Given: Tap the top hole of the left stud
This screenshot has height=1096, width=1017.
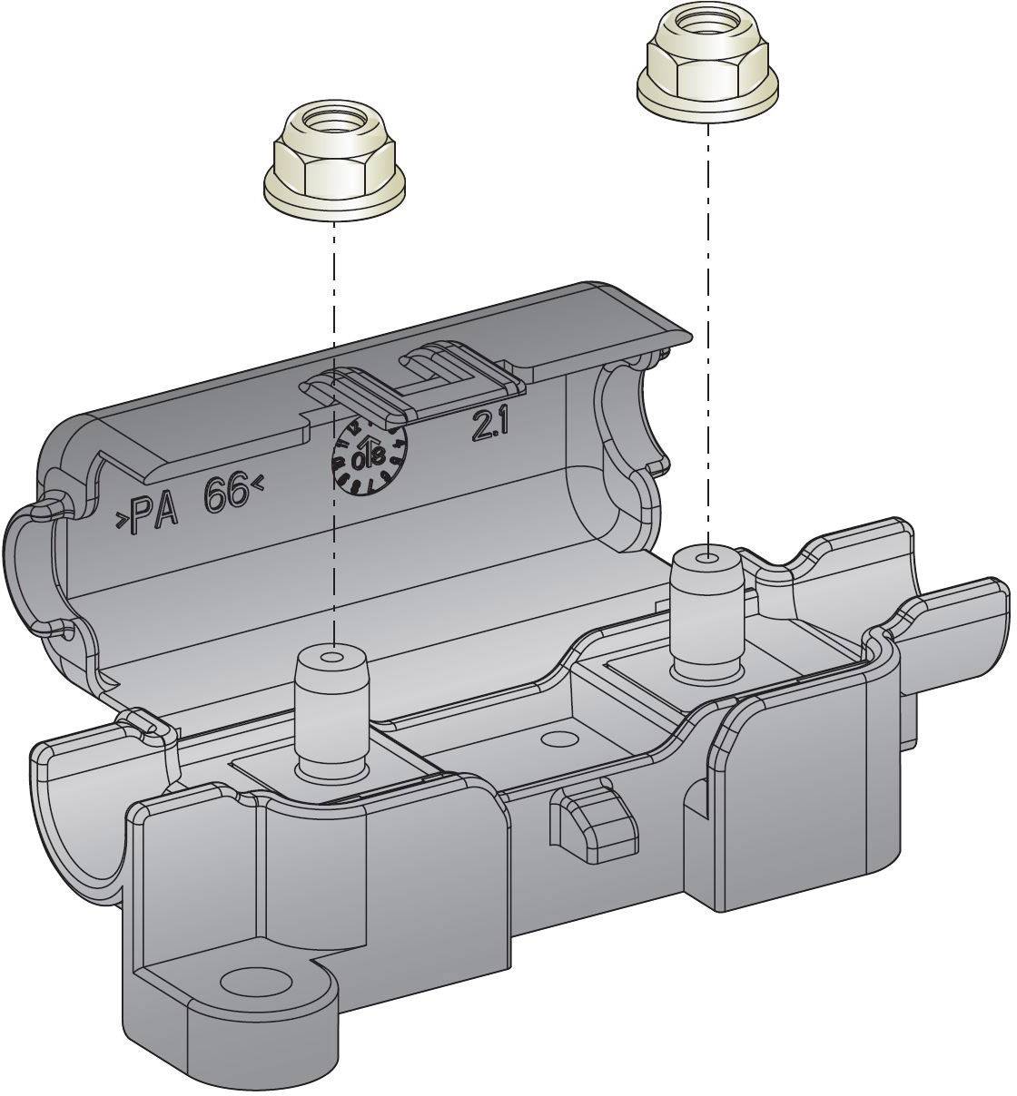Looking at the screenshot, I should pyautogui.click(x=334, y=657).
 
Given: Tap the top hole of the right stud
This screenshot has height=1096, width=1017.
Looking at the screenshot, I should pyautogui.click(x=708, y=555).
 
